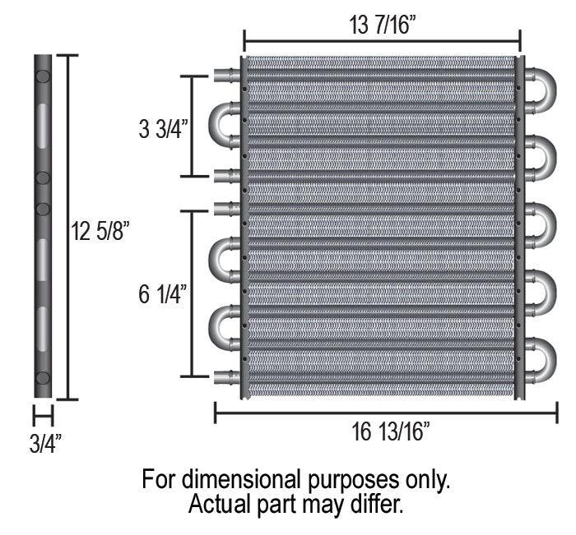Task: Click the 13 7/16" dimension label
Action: coord(382,25)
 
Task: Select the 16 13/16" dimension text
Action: coord(383,432)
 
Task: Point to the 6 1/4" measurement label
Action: coord(164,293)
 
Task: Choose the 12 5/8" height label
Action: coord(101,232)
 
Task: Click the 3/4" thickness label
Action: coord(45,444)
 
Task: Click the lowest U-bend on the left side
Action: coord(224,325)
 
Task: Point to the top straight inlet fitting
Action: coord(225,76)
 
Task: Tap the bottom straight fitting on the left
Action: coord(225,377)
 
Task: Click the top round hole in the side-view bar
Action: coord(43,76)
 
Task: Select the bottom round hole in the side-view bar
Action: coord(43,378)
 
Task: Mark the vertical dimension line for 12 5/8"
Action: coord(67,227)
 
